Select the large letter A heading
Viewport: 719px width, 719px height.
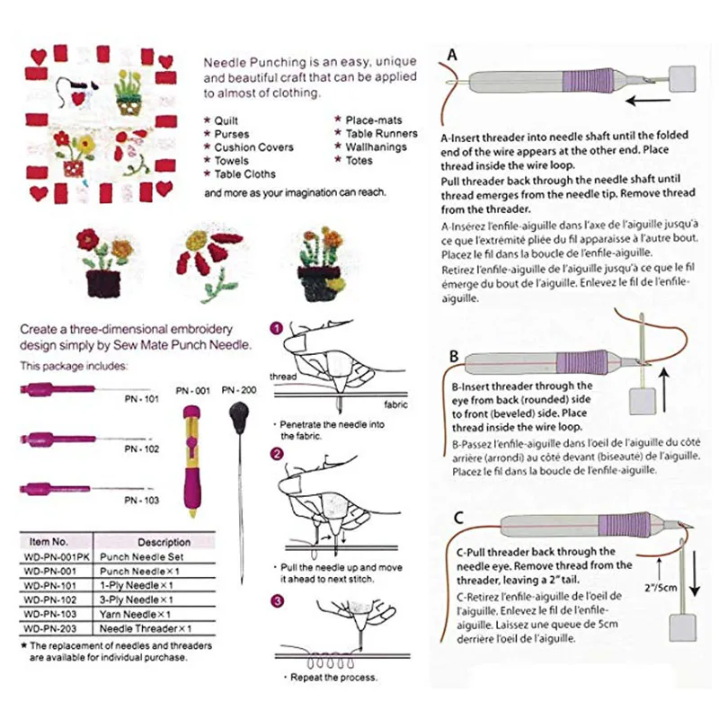coord(453,56)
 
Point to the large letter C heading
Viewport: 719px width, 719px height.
coord(458,518)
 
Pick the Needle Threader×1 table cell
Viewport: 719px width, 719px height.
coord(164,628)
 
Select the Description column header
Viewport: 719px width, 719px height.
coord(164,542)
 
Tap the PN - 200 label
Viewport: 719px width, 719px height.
coord(240,389)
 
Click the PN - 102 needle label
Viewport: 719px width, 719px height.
coord(141,448)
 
